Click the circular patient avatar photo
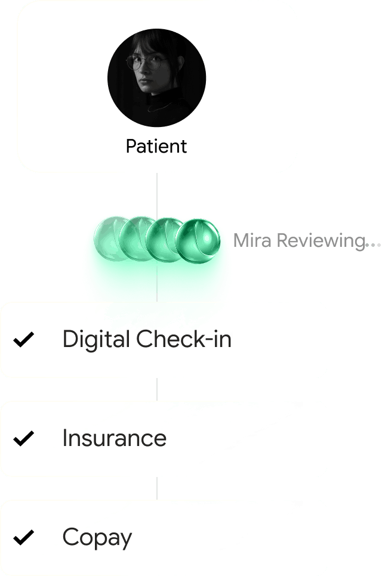156,78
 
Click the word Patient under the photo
156,146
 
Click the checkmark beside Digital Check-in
24,340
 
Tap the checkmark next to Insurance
24,439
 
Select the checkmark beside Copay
24,538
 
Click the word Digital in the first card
96,340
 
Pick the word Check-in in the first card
184,339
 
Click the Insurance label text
115,438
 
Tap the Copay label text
97,538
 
